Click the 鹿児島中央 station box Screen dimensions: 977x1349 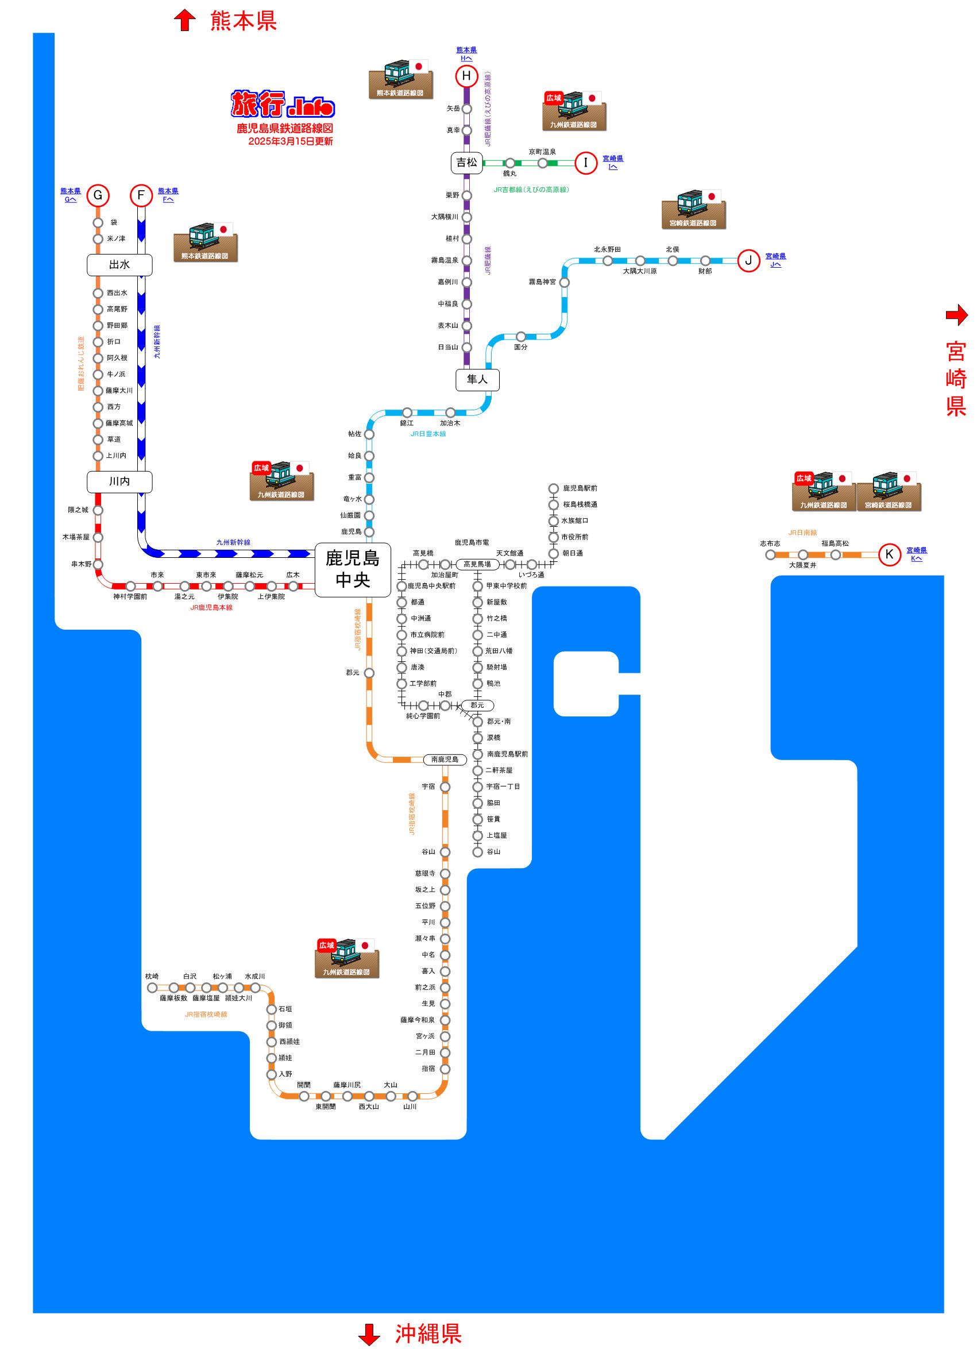tap(353, 570)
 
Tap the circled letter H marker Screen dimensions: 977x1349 tap(467, 76)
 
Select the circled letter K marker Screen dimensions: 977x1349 tap(890, 555)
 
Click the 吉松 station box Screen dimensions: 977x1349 tap(467, 163)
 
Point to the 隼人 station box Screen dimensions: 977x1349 tap(477, 380)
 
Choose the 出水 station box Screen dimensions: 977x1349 tap(119, 265)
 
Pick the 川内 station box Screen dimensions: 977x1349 tap(119, 482)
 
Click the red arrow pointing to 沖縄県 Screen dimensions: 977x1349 tap(369, 1334)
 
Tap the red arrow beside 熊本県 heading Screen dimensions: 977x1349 tap(185, 20)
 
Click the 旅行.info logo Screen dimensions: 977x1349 tap(283, 104)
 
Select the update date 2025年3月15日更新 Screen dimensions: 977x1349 tap(290, 141)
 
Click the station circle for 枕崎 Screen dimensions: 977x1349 tap(152, 988)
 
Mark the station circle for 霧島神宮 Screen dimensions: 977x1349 tap(565, 283)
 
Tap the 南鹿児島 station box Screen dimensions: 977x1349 tap(445, 760)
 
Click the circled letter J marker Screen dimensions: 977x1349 tap(748, 260)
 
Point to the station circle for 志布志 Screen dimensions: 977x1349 tap(770, 555)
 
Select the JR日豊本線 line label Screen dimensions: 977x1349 tap(428, 434)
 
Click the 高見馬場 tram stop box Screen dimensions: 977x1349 tap(477, 564)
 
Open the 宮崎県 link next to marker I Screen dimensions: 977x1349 tap(613, 159)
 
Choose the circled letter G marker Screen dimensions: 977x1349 tap(98, 195)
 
